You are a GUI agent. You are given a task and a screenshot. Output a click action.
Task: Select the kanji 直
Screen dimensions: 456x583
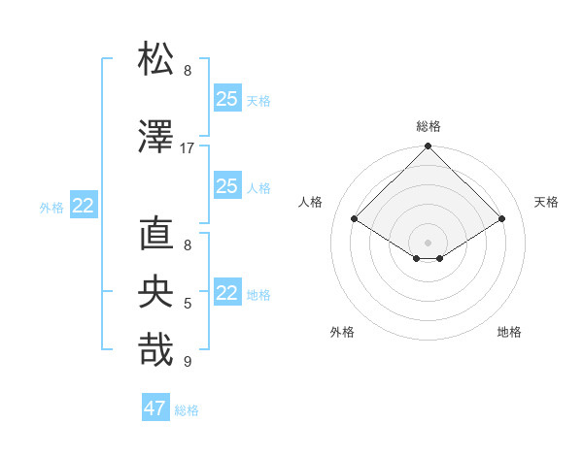(x=156, y=235)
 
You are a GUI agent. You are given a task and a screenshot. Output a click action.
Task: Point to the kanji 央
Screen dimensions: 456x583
(x=156, y=292)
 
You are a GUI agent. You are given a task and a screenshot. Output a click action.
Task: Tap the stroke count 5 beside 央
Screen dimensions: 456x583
(x=188, y=304)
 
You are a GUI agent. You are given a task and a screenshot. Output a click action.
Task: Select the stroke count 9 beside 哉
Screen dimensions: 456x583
(x=188, y=362)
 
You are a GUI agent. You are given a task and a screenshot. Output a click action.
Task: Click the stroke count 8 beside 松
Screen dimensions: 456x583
(x=188, y=71)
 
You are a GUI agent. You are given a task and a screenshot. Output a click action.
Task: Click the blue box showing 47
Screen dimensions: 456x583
(x=155, y=408)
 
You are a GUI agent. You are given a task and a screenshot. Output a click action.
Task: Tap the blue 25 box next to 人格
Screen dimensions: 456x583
(x=227, y=186)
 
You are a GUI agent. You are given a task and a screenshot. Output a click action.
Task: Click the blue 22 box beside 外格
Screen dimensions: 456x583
(x=84, y=206)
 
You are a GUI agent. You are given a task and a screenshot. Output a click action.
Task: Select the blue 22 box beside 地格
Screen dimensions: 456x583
(x=227, y=293)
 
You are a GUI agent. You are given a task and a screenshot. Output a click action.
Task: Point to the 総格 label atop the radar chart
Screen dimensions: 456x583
(x=428, y=126)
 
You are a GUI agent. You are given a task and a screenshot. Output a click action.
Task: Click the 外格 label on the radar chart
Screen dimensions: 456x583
(x=342, y=332)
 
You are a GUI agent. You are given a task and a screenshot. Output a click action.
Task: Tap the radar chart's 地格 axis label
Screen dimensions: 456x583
(x=509, y=332)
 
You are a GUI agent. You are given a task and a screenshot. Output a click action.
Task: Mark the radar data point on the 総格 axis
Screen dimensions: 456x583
(x=428, y=147)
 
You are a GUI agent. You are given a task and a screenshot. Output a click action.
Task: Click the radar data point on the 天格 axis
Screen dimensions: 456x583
(x=502, y=219)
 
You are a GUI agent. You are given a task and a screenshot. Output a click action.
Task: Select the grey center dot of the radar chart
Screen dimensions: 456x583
(x=428, y=241)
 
